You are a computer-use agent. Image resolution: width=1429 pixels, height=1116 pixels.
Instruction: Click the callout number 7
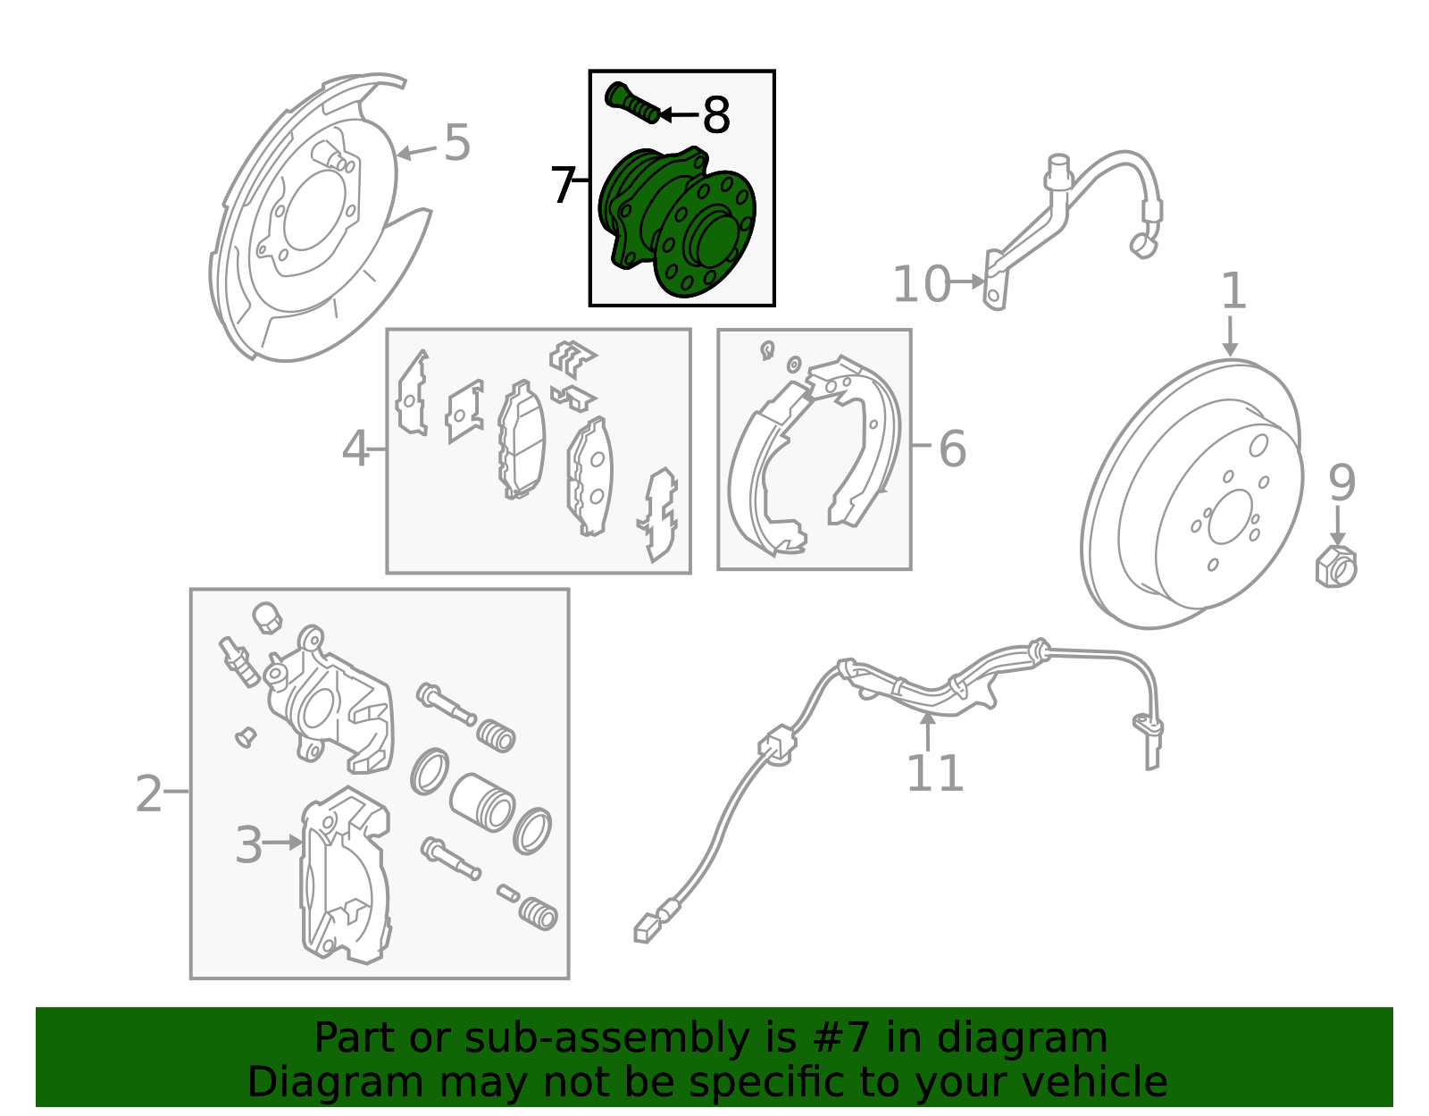tap(563, 185)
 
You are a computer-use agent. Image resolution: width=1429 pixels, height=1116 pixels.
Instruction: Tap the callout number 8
tap(716, 115)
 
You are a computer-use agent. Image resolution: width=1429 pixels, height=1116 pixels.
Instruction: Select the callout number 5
tap(457, 143)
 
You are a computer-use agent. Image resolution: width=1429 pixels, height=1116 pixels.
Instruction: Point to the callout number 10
tap(922, 284)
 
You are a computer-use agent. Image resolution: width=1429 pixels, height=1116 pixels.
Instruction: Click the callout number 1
tap(1233, 290)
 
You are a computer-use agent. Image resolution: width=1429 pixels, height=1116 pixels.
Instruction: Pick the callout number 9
tap(1341, 482)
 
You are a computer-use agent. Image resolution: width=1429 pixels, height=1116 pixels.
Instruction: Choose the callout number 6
tap(953, 449)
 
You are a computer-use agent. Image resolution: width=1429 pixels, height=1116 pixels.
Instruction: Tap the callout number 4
tap(355, 449)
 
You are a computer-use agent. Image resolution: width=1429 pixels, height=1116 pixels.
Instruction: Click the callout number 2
tap(148, 793)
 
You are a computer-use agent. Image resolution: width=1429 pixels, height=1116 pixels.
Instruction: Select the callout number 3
tap(248, 844)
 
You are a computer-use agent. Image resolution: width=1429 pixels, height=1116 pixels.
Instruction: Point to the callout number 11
tap(935, 774)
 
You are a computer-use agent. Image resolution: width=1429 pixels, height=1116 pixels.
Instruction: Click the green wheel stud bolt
tap(632, 104)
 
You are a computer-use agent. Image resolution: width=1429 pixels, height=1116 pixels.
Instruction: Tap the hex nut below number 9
tap(1336, 566)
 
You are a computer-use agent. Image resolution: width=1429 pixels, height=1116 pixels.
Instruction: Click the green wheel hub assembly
tap(677, 222)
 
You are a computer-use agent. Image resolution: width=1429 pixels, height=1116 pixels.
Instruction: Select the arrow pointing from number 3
tap(283, 843)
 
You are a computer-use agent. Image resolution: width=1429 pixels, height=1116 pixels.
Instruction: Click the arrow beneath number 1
tap(1230, 336)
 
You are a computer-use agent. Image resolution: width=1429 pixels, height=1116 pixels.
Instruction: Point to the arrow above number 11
tap(927, 732)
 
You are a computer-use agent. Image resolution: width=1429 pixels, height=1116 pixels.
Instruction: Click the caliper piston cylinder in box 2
tap(482, 802)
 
